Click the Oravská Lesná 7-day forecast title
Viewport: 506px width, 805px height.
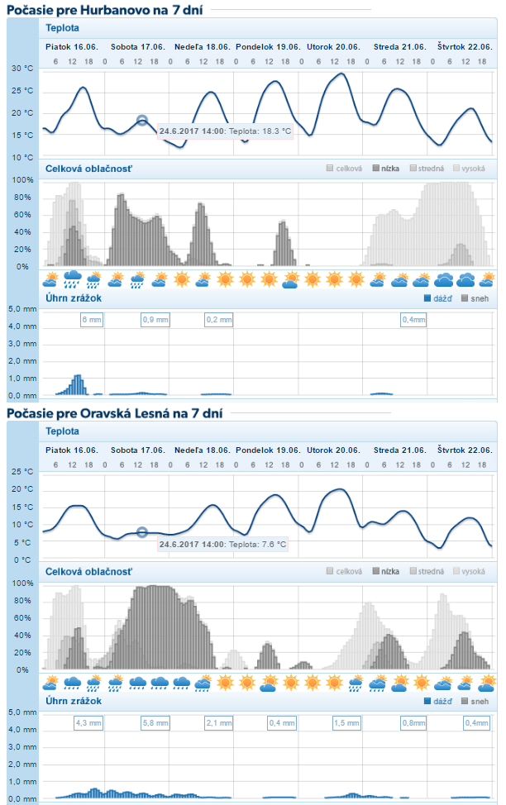tap(113, 412)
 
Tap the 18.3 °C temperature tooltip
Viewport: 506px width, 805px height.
tap(226, 131)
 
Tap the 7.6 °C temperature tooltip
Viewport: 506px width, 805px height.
tap(223, 544)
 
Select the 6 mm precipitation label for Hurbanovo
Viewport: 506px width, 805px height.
tap(91, 319)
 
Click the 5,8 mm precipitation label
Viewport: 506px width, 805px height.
tap(155, 722)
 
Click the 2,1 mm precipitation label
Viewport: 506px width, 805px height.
tap(219, 722)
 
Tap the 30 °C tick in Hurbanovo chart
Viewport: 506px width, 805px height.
tap(22, 69)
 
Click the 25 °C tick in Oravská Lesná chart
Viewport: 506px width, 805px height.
tap(22, 472)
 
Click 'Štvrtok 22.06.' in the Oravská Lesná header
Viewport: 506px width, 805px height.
tap(465, 450)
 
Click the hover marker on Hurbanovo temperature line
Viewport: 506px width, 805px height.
tap(141, 120)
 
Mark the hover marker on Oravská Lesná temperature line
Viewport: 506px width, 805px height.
tap(141, 532)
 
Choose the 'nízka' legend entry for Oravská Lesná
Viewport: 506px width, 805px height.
tap(385, 571)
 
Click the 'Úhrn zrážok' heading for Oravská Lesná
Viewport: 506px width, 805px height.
tap(74, 701)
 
